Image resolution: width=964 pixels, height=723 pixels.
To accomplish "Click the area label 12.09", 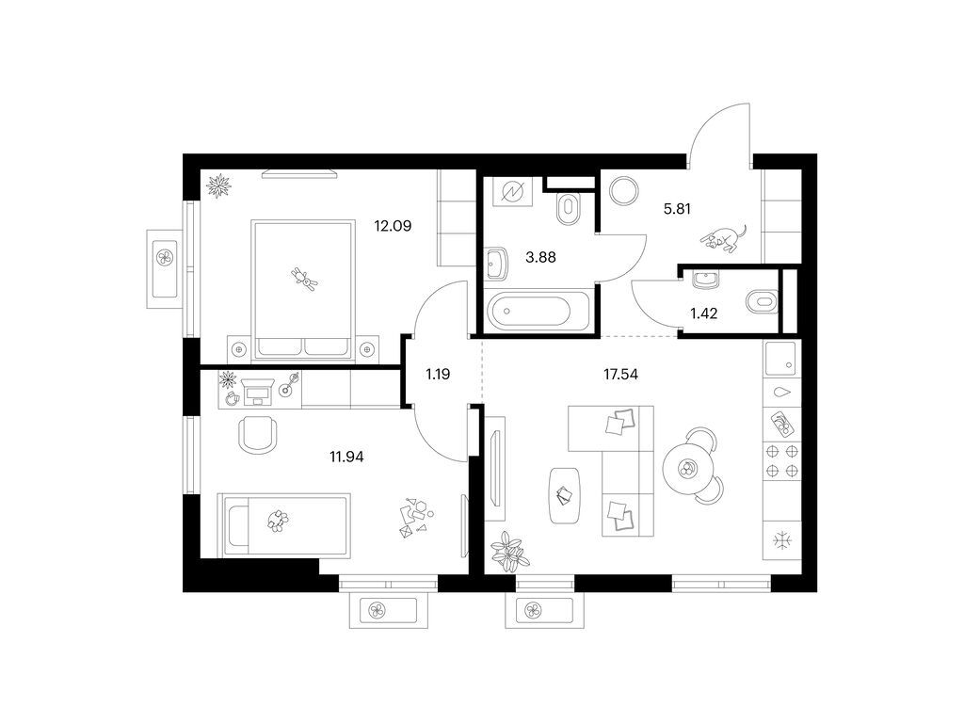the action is [x=393, y=226].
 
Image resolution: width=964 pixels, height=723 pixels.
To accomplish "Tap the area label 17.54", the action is [x=620, y=374].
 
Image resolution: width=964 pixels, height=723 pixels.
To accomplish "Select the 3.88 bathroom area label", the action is [x=540, y=257].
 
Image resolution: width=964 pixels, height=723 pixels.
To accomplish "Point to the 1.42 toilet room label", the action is [x=703, y=313].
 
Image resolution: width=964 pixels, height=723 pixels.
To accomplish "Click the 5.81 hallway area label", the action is [x=677, y=209].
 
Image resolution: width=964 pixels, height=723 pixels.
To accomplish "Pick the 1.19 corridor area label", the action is [x=438, y=374].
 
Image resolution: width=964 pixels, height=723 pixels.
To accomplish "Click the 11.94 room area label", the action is [x=346, y=457].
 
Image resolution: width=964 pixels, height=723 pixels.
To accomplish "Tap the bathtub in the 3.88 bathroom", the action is [x=538, y=311].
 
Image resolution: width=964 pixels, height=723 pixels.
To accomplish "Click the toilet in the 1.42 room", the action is [x=762, y=302].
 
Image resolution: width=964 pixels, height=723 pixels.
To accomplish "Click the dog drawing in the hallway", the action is [x=724, y=238].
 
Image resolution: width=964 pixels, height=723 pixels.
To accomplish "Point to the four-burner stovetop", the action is [x=782, y=461].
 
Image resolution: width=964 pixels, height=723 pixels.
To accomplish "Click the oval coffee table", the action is [x=565, y=495].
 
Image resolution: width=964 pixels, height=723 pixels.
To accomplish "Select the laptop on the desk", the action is [x=258, y=391].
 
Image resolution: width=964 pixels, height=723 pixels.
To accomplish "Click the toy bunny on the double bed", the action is [x=304, y=279].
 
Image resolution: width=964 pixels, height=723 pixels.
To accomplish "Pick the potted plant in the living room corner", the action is [x=509, y=551].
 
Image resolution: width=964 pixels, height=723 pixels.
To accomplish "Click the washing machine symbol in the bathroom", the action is [x=512, y=193].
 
